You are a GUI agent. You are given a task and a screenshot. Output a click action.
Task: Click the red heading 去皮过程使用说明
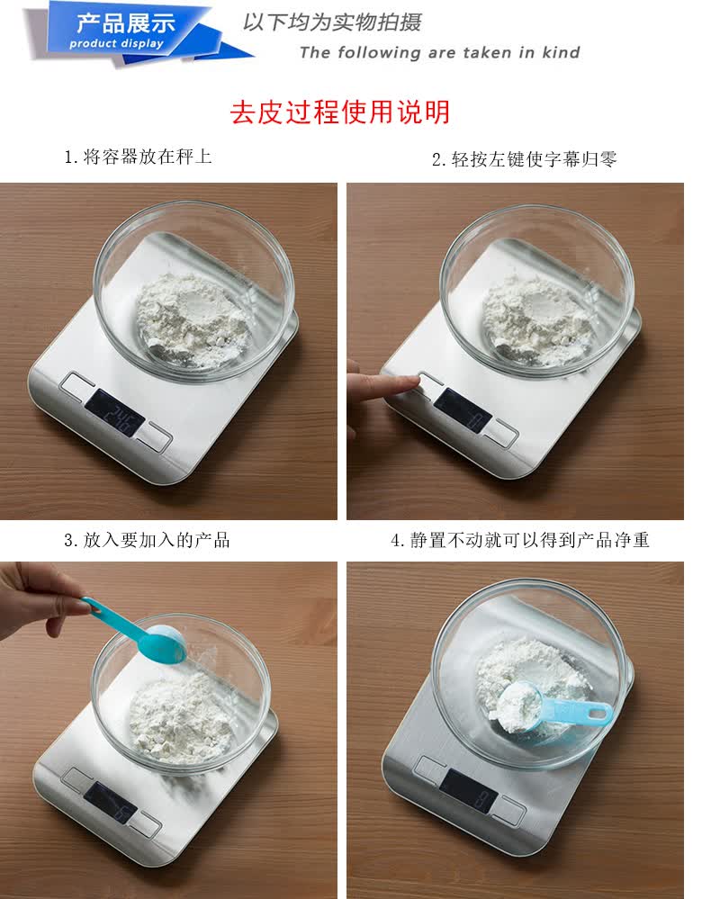click(340, 112)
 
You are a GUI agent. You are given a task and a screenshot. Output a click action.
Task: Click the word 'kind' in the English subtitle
click(561, 53)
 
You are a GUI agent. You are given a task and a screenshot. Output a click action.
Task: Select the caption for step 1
click(138, 157)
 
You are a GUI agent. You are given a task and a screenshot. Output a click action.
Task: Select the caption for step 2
click(524, 158)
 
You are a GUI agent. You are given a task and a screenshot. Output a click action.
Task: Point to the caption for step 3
click(147, 540)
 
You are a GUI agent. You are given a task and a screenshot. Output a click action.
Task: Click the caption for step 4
click(520, 540)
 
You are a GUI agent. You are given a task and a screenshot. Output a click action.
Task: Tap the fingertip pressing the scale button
click(411, 382)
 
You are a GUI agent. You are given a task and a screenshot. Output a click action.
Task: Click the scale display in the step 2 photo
click(463, 411)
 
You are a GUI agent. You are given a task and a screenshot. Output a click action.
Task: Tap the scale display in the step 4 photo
click(469, 791)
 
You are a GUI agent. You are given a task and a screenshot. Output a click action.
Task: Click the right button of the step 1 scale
click(155, 436)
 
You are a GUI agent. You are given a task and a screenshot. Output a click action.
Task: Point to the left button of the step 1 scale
click(78, 385)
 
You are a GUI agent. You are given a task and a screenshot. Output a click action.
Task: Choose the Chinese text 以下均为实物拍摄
click(332, 22)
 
